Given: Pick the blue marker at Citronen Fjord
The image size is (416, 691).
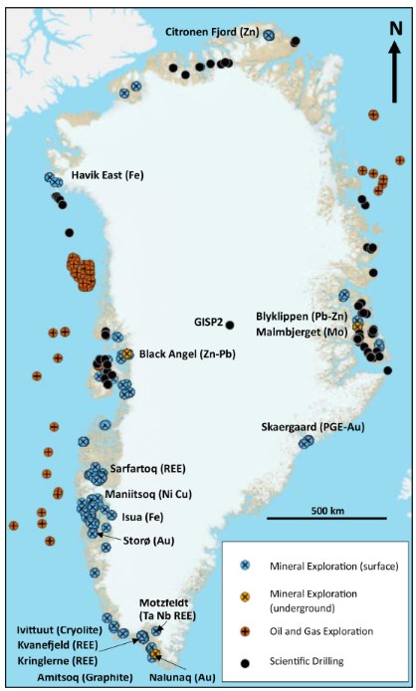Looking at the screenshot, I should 269,36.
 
